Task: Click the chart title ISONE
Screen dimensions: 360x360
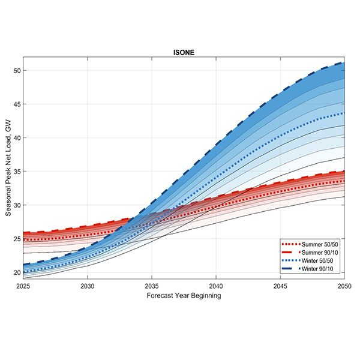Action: [181, 52]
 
